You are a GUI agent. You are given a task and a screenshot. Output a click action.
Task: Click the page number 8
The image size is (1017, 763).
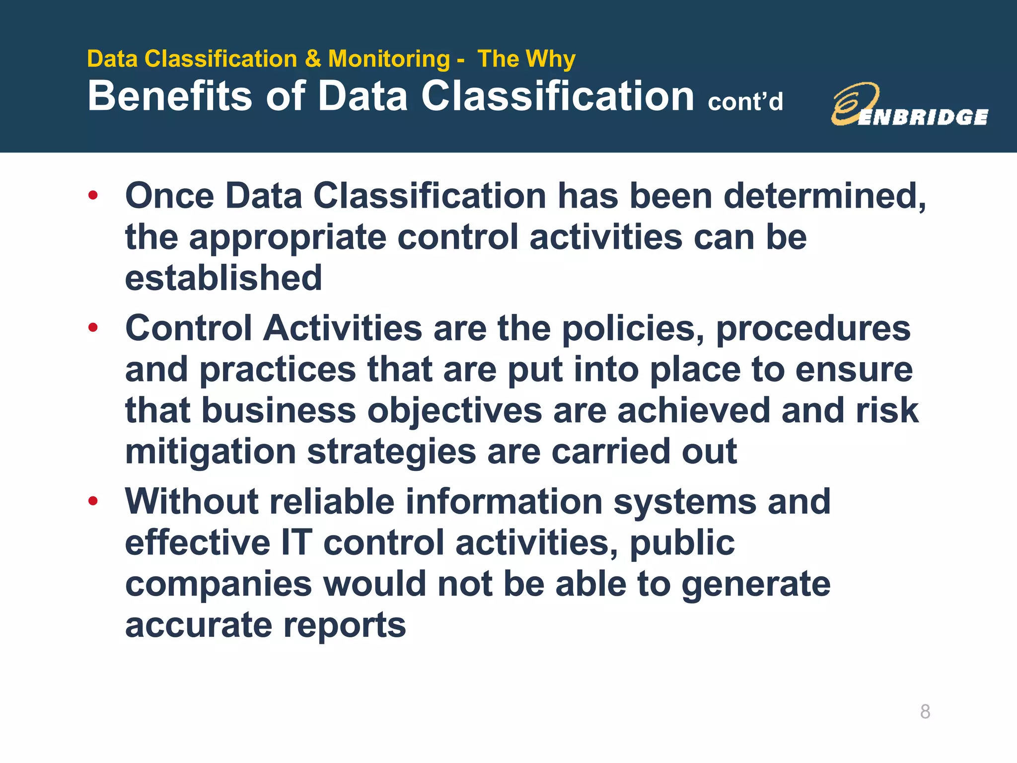pyautogui.click(x=925, y=711)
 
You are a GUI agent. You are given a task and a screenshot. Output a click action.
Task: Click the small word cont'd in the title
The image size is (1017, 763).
pyautogui.click(x=745, y=102)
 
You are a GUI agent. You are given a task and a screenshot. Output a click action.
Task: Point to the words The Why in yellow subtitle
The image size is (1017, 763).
pyautogui.click(x=526, y=59)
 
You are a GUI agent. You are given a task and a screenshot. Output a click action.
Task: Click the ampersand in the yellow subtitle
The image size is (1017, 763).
pyautogui.click(x=313, y=59)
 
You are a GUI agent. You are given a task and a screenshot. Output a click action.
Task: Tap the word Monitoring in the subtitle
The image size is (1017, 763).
pyautogui.click(x=389, y=59)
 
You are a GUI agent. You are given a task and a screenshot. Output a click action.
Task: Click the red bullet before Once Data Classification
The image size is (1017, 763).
pyautogui.click(x=93, y=195)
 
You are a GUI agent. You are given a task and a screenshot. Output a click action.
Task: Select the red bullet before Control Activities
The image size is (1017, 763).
pyautogui.click(x=93, y=327)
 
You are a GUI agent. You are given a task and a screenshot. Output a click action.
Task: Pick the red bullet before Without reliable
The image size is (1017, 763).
pyautogui.click(x=93, y=501)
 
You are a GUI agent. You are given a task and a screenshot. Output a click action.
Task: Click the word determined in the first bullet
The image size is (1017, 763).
pyautogui.click(x=824, y=196)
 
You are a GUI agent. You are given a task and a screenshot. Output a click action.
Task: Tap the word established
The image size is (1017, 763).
pyautogui.click(x=223, y=278)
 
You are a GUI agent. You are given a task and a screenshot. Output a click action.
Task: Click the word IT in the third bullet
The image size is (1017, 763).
pyautogui.click(x=296, y=542)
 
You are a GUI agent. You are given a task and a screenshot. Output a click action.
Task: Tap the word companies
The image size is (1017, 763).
pyautogui.click(x=218, y=585)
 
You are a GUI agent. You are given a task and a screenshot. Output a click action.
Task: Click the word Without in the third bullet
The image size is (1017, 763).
pyautogui.click(x=192, y=501)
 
